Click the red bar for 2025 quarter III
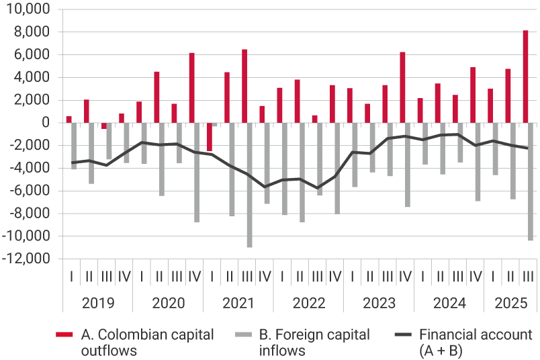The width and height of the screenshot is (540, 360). [x=525, y=77]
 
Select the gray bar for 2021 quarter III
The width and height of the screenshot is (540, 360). [x=250, y=185]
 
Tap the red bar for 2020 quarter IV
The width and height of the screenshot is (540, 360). [x=191, y=88]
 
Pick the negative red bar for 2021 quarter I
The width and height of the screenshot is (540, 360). [x=209, y=137]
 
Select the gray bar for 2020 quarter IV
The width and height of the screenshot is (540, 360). [x=197, y=173]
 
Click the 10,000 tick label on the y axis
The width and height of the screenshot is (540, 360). [x=28, y=9]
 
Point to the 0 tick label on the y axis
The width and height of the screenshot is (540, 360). [x=45, y=123]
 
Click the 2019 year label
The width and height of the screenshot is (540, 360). [x=97, y=303]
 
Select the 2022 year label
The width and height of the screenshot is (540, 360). [x=308, y=303]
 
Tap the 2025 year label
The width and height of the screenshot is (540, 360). [x=510, y=303]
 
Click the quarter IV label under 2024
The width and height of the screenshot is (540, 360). [x=475, y=276]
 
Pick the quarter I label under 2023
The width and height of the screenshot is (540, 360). [x=352, y=276]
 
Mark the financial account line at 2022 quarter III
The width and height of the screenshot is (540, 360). [x=318, y=189]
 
